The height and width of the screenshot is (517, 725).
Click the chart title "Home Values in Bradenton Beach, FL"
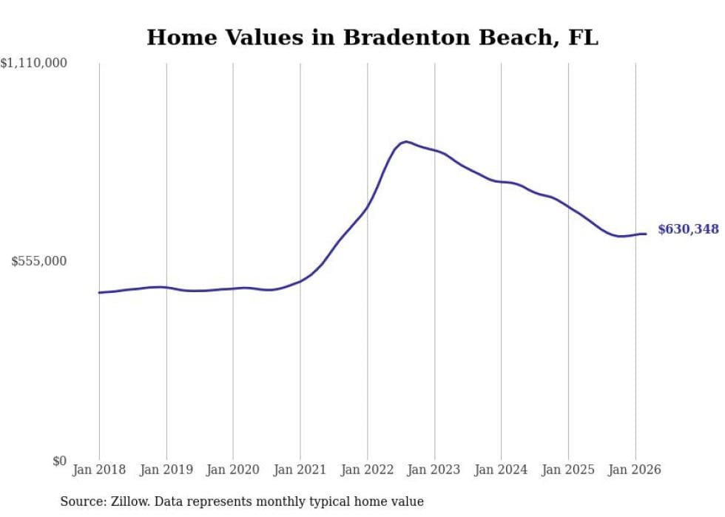point(372,38)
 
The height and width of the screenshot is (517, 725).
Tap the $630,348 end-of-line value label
point(687,229)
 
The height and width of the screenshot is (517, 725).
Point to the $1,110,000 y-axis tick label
point(34,64)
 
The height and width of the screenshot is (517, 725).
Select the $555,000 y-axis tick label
point(38,261)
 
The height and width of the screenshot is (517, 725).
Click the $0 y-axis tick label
point(59,461)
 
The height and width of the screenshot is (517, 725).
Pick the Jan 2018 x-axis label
point(99,470)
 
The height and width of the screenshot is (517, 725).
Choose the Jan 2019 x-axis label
point(166,470)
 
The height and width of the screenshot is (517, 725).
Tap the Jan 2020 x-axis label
point(233,470)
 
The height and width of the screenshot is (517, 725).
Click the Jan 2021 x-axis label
point(300,470)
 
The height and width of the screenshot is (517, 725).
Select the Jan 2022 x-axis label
point(367,470)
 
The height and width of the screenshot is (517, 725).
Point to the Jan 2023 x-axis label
point(434,470)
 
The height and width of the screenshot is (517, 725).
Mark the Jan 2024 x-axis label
point(501,470)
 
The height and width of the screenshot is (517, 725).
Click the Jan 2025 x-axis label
point(568,470)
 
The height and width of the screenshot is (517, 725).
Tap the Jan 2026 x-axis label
point(635,470)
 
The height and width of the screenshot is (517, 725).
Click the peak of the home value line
point(405,141)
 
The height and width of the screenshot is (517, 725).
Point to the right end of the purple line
point(646,234)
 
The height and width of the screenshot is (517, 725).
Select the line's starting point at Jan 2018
point(99,293)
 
